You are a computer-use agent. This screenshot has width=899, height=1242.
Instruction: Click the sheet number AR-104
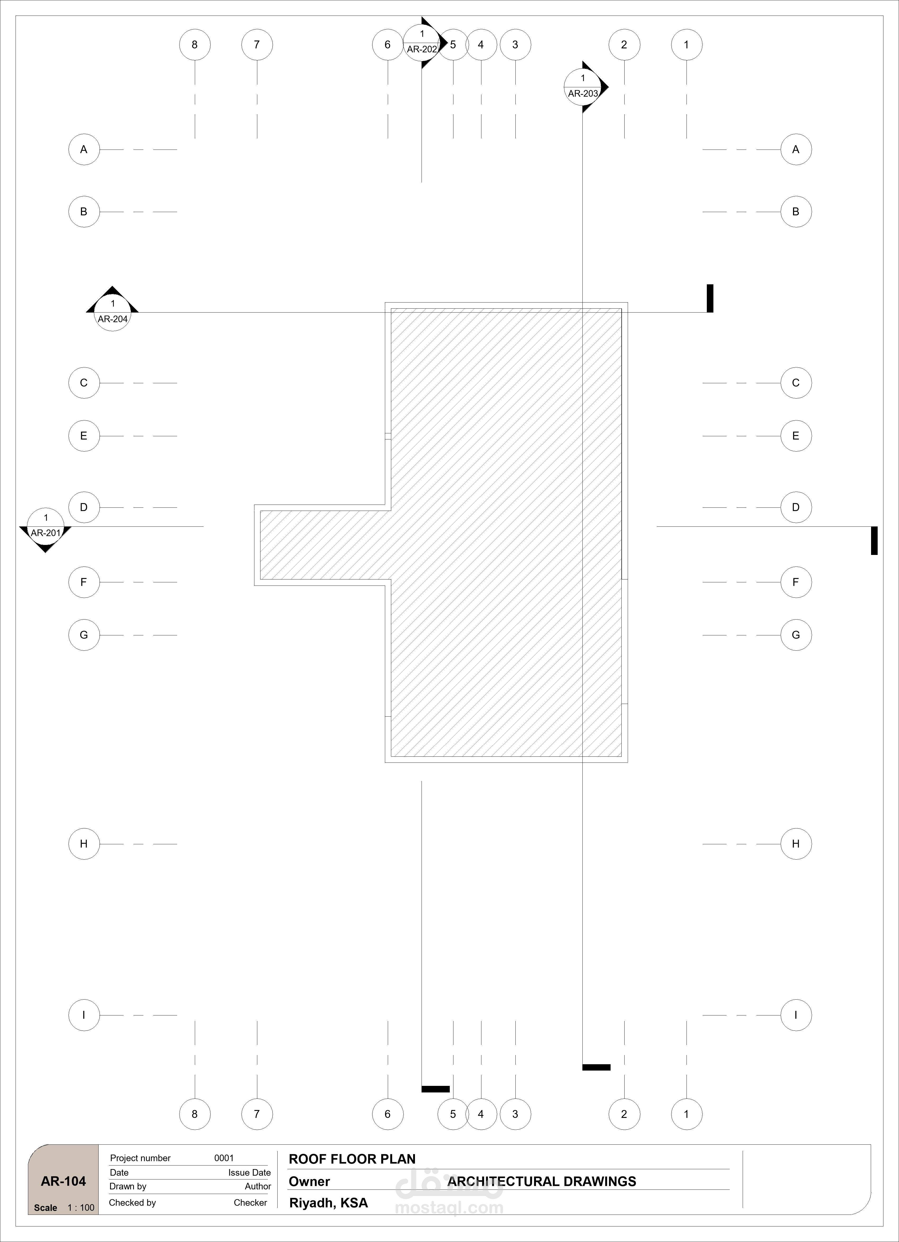click(x=64, y=1181)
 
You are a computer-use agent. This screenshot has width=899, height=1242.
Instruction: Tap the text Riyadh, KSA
click(x=328, y=1203)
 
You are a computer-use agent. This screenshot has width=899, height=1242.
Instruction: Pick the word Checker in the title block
click(x=250, y=1203)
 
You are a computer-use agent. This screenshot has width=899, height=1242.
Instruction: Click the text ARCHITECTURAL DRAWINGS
click(x=542, y=1181)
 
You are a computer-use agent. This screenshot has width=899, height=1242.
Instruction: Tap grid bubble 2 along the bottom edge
click(x=624, y=1114)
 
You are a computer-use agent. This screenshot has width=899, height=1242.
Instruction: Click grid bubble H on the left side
click(x=84, y=844)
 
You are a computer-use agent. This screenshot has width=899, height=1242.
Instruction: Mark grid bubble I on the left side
click(x=84, y=1015)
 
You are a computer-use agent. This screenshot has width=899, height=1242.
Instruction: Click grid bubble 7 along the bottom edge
click(x=257, y=1114)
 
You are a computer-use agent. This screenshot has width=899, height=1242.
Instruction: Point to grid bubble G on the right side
click(x=796, y=635)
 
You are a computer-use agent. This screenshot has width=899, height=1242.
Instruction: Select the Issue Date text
click(x=250, y=1172)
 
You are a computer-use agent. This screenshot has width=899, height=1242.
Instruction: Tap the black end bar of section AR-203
click(x=596, y=1067)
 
